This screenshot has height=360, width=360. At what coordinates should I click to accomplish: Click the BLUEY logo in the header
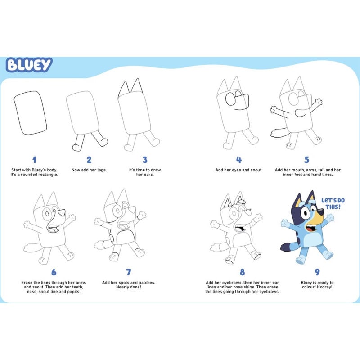coord(29,65)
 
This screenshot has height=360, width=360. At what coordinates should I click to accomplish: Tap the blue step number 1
coord(34,160)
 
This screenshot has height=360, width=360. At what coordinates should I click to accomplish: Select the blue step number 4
coord(239,160)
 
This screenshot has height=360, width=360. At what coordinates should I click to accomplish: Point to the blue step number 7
coord(129,272)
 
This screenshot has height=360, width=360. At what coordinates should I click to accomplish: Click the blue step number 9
coord(317,272)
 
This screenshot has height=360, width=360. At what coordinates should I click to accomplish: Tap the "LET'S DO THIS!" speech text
coord(333,203)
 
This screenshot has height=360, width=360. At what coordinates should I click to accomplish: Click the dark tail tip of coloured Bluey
coord(285,247)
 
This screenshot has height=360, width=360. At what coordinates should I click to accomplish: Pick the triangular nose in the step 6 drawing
coord(62,213)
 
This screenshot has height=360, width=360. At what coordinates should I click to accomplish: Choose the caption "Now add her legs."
coord(89,170)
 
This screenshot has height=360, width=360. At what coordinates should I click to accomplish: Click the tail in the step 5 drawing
coord(279,132)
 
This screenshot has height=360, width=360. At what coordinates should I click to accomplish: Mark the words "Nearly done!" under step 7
coord(129,287)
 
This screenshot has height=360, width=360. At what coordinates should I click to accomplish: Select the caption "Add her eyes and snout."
coord(239,170)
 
